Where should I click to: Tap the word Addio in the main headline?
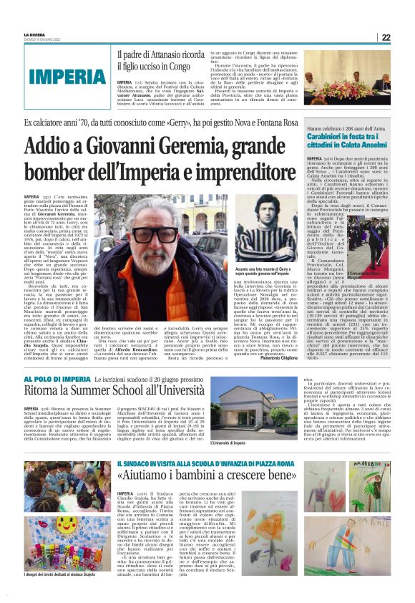pos(69,147)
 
